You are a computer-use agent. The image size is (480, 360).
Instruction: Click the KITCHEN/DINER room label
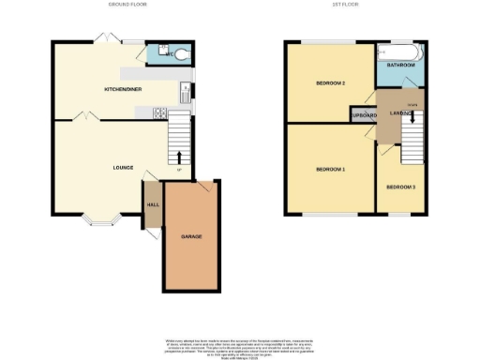coord(123,89)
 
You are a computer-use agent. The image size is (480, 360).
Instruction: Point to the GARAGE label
coord(191,236)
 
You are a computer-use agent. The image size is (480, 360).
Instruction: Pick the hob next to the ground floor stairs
coord(159,113)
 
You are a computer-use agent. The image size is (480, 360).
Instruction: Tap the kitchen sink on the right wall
coord(185,92)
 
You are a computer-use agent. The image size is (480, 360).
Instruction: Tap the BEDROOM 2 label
coord(331,84)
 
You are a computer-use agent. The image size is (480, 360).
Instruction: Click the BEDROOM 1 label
coord(330,170)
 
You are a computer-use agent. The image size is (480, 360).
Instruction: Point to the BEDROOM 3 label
coord(400,187)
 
